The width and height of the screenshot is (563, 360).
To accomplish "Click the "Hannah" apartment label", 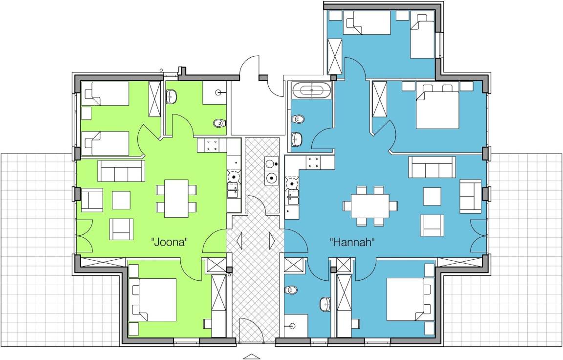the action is pos(352,242).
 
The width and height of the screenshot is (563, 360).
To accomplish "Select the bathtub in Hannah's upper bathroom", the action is pos(312,90).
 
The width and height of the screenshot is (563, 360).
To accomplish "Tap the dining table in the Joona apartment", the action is pos(176,198).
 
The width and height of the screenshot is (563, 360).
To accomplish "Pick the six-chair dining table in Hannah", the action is pos(370,206).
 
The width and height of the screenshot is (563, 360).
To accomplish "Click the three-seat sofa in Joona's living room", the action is pos(121,171).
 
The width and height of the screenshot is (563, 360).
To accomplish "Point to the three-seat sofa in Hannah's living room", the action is pos(432,167).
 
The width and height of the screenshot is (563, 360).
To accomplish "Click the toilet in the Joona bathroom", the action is pos(218,123).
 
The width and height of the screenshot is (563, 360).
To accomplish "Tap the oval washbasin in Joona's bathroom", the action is pos(172,97).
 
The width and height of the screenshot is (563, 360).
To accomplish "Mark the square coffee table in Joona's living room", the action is pos(121,200).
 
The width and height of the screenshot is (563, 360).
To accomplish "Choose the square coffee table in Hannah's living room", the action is pos(432,196).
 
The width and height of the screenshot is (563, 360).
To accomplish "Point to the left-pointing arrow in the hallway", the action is pos(239,241).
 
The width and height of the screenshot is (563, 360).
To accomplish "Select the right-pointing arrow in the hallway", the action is pos(272,241).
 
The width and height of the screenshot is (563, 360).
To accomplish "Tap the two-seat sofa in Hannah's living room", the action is pos(470,196).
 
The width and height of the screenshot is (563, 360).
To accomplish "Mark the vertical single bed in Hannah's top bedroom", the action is pos(422,36).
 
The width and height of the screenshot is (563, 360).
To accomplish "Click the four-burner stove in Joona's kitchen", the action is pos(212,145).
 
